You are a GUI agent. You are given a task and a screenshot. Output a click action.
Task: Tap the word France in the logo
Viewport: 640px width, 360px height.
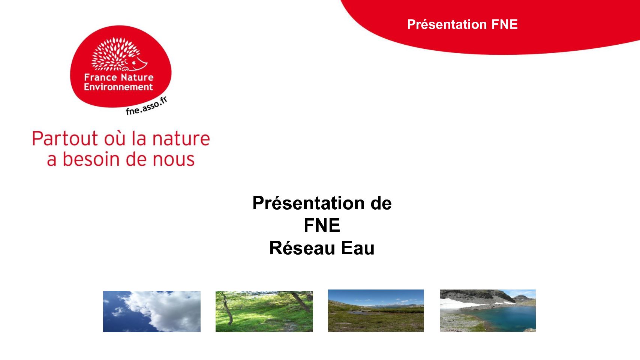pyautogui.click(x=100, y=77)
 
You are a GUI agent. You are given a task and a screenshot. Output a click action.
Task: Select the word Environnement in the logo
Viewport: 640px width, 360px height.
pyautogui.click(x=118, y=87)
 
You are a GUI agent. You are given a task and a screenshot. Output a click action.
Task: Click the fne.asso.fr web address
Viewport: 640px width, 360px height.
pyautogui.click(x=146, y=106)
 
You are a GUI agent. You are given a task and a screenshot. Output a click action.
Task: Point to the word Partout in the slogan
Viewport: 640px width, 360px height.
pyautogui.click(x=65, y=139)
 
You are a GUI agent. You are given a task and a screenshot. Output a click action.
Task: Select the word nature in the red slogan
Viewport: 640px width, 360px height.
pyautogui.click(x=181, y=139)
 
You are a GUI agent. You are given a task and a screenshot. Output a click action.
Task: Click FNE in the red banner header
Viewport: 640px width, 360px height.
pyautogui.click(x=505, y=24)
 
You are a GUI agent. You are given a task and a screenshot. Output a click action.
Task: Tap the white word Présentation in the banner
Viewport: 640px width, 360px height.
pyautogui.click(x=447, y=24)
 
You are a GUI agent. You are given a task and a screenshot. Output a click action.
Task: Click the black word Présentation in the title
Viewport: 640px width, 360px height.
pyautogui.click(x=308, y=203)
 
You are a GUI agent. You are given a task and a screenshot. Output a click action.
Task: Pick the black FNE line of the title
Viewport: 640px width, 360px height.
pyautogui.click(x=322, y=225)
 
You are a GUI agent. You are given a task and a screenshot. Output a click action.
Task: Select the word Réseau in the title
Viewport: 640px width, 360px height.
pyautogui.click(x=302, y=248)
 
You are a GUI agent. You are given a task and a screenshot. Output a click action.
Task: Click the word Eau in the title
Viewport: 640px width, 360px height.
pyautogui.click(x=357, y=248)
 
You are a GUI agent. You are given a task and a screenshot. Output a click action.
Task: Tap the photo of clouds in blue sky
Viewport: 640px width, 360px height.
pyautogui.click(x=152, y=311)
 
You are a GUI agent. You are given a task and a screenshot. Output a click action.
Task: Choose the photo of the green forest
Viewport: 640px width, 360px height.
pyautogui.click(x=264, y=311)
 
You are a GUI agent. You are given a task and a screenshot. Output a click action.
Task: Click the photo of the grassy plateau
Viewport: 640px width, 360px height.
pyautogui.click(x=376, y=310)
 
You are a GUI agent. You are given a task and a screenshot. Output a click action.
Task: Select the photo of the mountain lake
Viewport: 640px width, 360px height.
pyautogui.click(x=488, y=310)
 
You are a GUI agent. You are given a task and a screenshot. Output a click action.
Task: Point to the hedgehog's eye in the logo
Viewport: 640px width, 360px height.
pyautogui.click(x=133, y=62)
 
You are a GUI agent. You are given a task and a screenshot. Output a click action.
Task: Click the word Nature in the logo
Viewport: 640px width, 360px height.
pyautogui.click(x=137, y=77)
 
